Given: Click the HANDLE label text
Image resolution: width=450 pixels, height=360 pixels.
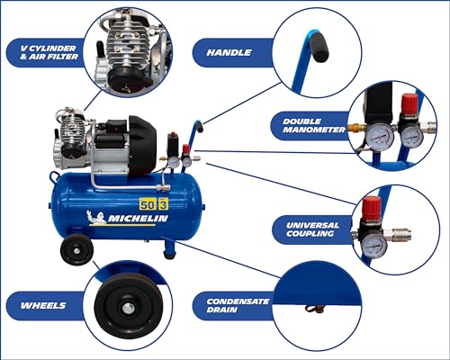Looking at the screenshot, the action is [x=229, y=52].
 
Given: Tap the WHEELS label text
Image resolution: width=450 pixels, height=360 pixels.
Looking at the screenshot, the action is [x=43, y=306].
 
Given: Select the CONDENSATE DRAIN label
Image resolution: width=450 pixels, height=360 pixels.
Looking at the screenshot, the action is [x=238, y=306].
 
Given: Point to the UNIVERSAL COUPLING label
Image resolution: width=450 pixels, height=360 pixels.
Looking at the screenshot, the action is [x=312, y=229].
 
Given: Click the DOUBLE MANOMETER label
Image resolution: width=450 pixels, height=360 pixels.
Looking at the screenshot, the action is [x=314, y=126].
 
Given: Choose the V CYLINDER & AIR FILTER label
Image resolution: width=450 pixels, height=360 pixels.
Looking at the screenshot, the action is [x=49, y=52].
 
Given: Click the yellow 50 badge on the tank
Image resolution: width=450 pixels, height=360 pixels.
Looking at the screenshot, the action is [x=148, y=204].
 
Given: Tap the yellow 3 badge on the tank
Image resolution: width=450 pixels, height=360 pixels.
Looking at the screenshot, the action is [x=163, y=204].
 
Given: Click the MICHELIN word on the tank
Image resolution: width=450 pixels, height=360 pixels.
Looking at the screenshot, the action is [x=138, y=219].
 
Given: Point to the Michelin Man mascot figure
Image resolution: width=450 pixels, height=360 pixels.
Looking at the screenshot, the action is [x=95, y=217].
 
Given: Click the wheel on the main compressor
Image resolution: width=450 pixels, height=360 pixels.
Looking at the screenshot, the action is [x=76, y=249].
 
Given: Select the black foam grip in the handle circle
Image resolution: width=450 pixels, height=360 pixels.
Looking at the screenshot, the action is [x=319, y=47].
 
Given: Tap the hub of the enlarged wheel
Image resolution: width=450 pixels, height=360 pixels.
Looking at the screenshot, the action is [x=129, y=307].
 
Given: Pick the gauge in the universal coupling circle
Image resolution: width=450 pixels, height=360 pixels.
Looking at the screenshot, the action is [x=374, y=244].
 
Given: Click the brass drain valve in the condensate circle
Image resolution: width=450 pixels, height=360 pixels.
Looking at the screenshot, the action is [x=315, y=309].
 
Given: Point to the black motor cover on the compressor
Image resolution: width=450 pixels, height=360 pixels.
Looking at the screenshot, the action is [x=142, y=146].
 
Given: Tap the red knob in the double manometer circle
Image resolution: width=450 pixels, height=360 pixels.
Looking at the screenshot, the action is [x=409, y=104].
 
